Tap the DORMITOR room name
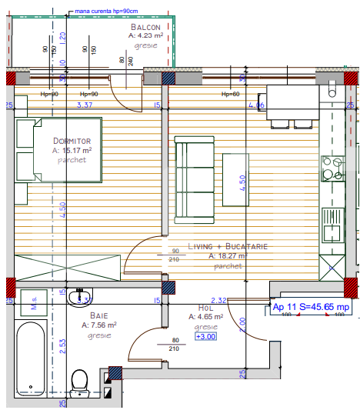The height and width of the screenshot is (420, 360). pyautogui.click(x=72, y=141)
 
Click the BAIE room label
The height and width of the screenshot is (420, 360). pyautogui.click(x=98, y=315)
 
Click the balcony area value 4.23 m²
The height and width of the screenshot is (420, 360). pyautogui.click(x=146, y=35)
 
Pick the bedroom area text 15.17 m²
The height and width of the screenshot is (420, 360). pyautogui.click(x=72, y=151)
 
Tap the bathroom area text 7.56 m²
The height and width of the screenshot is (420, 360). pyautogui.click(x=98, y=325)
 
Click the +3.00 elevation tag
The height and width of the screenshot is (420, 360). pyautogui.click(x=205, y=336)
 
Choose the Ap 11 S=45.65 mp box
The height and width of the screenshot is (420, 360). pyautogui.click(x=311, y=307)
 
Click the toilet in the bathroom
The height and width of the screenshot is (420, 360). pyautogui.click(x=78, y=380)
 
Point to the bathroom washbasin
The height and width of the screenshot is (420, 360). pyautogui.click(x=80, y=297)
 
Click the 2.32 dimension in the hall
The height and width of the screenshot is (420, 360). pyautogui.click(x=218, y=301)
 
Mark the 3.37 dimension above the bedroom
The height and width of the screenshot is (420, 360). pyautogui.click(x=85, y=105)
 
